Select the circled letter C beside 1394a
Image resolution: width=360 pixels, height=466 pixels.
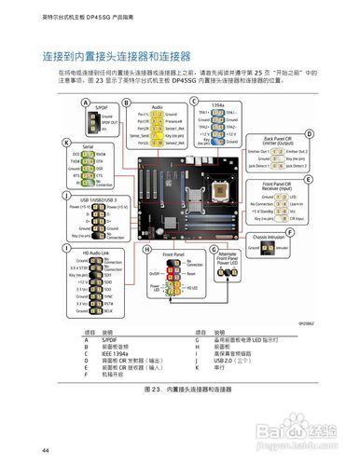pos(193,101)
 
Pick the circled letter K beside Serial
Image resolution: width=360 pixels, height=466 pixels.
pos(65,143)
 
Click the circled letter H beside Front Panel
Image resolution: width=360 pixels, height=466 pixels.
pos(147,251)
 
